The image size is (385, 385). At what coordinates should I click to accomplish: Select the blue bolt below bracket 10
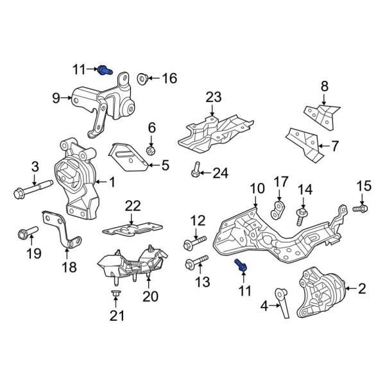tap(240, 265)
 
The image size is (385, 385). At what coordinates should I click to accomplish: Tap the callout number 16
tap(169, 79)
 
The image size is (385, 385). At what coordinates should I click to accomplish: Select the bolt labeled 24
tap(194, 171)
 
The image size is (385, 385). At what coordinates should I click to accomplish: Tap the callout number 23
tap(213, 98)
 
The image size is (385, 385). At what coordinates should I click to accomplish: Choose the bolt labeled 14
tap(301, 214)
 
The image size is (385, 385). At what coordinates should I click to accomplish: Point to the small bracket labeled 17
tap(279, 208)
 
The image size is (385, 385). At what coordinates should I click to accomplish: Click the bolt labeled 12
tap(194, 243)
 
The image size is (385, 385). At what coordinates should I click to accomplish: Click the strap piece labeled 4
tap(283, 302)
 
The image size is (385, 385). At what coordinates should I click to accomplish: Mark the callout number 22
tap(132, 205)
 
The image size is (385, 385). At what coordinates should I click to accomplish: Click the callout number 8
tap(324, 85)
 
